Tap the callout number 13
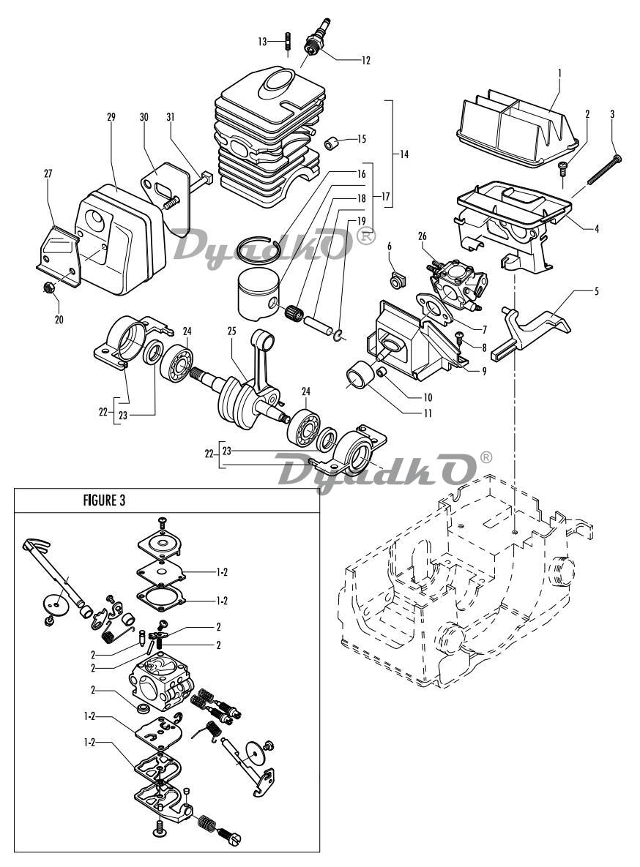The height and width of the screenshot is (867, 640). pyautogui.click(x=262, y=42)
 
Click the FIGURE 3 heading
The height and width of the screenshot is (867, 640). pyautogui.click(x=104, y=500)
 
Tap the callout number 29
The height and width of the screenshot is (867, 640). pyautogui.click(x=111, y=117)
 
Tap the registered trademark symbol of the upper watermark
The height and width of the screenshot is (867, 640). pyautogui.click(x=367, y=236)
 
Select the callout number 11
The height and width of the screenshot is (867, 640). pyautogui.click(x=427, y=413)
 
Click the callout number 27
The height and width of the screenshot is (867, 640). pyautogui.click(x=48, y=173)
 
